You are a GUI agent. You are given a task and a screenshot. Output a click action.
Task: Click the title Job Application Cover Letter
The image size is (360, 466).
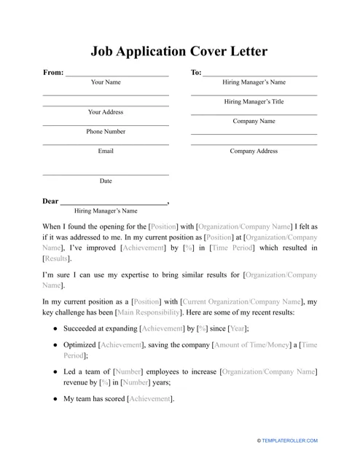(179, 52)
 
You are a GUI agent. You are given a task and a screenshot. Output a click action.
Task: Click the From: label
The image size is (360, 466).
(53, 73)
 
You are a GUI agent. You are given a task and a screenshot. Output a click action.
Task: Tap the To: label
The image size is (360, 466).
(196, 73)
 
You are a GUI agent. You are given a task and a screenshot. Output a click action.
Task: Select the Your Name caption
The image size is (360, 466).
(106, 83)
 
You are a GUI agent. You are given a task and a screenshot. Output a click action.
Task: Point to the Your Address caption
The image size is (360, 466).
(106, 112)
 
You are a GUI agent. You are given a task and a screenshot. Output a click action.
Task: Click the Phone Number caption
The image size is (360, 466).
(106, 132)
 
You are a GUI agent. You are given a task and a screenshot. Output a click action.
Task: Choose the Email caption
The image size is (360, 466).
(106, 151)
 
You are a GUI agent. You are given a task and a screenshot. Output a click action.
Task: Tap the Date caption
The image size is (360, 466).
(106, 181)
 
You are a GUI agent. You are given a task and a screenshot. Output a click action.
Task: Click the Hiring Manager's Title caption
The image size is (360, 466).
(254, 102)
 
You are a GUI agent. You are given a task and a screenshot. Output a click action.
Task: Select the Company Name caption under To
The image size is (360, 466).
(254, 122)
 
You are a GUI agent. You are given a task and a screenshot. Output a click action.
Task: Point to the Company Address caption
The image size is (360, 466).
(254, 151)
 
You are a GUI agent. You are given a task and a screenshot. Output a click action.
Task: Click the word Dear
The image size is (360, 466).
(50, 201)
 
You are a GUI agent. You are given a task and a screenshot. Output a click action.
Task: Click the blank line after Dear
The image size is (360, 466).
(113, 202)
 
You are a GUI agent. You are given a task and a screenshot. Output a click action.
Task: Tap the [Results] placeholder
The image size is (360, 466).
(58, 258)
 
